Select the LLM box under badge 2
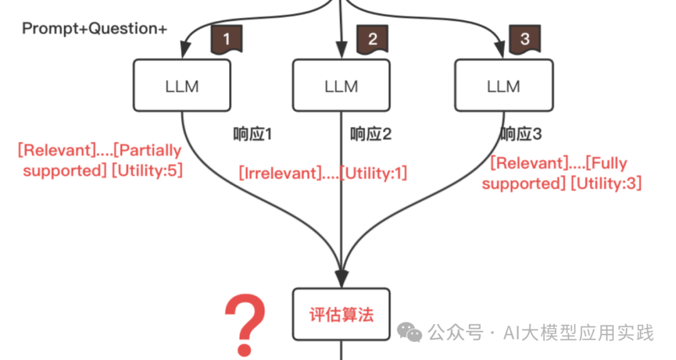tap(341, 85)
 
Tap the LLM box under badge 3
tap(503, 85)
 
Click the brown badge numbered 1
tap(227, 39)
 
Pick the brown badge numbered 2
tap(372, 39)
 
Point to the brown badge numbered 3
tap(525, 39)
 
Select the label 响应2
tap(371, 134)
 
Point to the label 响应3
tap(521, 134)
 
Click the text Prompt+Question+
tap(95, 29)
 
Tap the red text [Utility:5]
tap(147, 170)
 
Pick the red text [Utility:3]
tap(605, 183)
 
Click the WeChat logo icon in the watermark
tap(411, 332)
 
